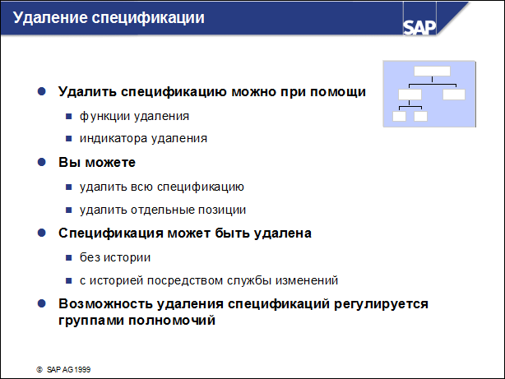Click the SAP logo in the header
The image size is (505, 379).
419,27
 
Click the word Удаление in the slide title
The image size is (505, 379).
50,18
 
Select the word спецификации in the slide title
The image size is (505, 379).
148,18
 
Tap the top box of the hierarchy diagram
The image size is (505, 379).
432,71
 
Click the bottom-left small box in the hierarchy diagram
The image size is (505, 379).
399,116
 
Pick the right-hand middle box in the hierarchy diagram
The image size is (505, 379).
454,95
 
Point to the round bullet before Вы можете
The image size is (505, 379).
42,162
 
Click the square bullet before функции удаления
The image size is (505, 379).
68,116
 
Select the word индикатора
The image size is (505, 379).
114,138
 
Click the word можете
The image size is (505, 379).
110,163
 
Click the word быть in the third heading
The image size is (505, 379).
232,233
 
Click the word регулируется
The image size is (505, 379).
381,304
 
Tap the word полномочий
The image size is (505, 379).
172,321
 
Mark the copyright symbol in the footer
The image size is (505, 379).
39,370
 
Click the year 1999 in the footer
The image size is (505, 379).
82,370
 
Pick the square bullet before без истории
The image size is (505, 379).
68,257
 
